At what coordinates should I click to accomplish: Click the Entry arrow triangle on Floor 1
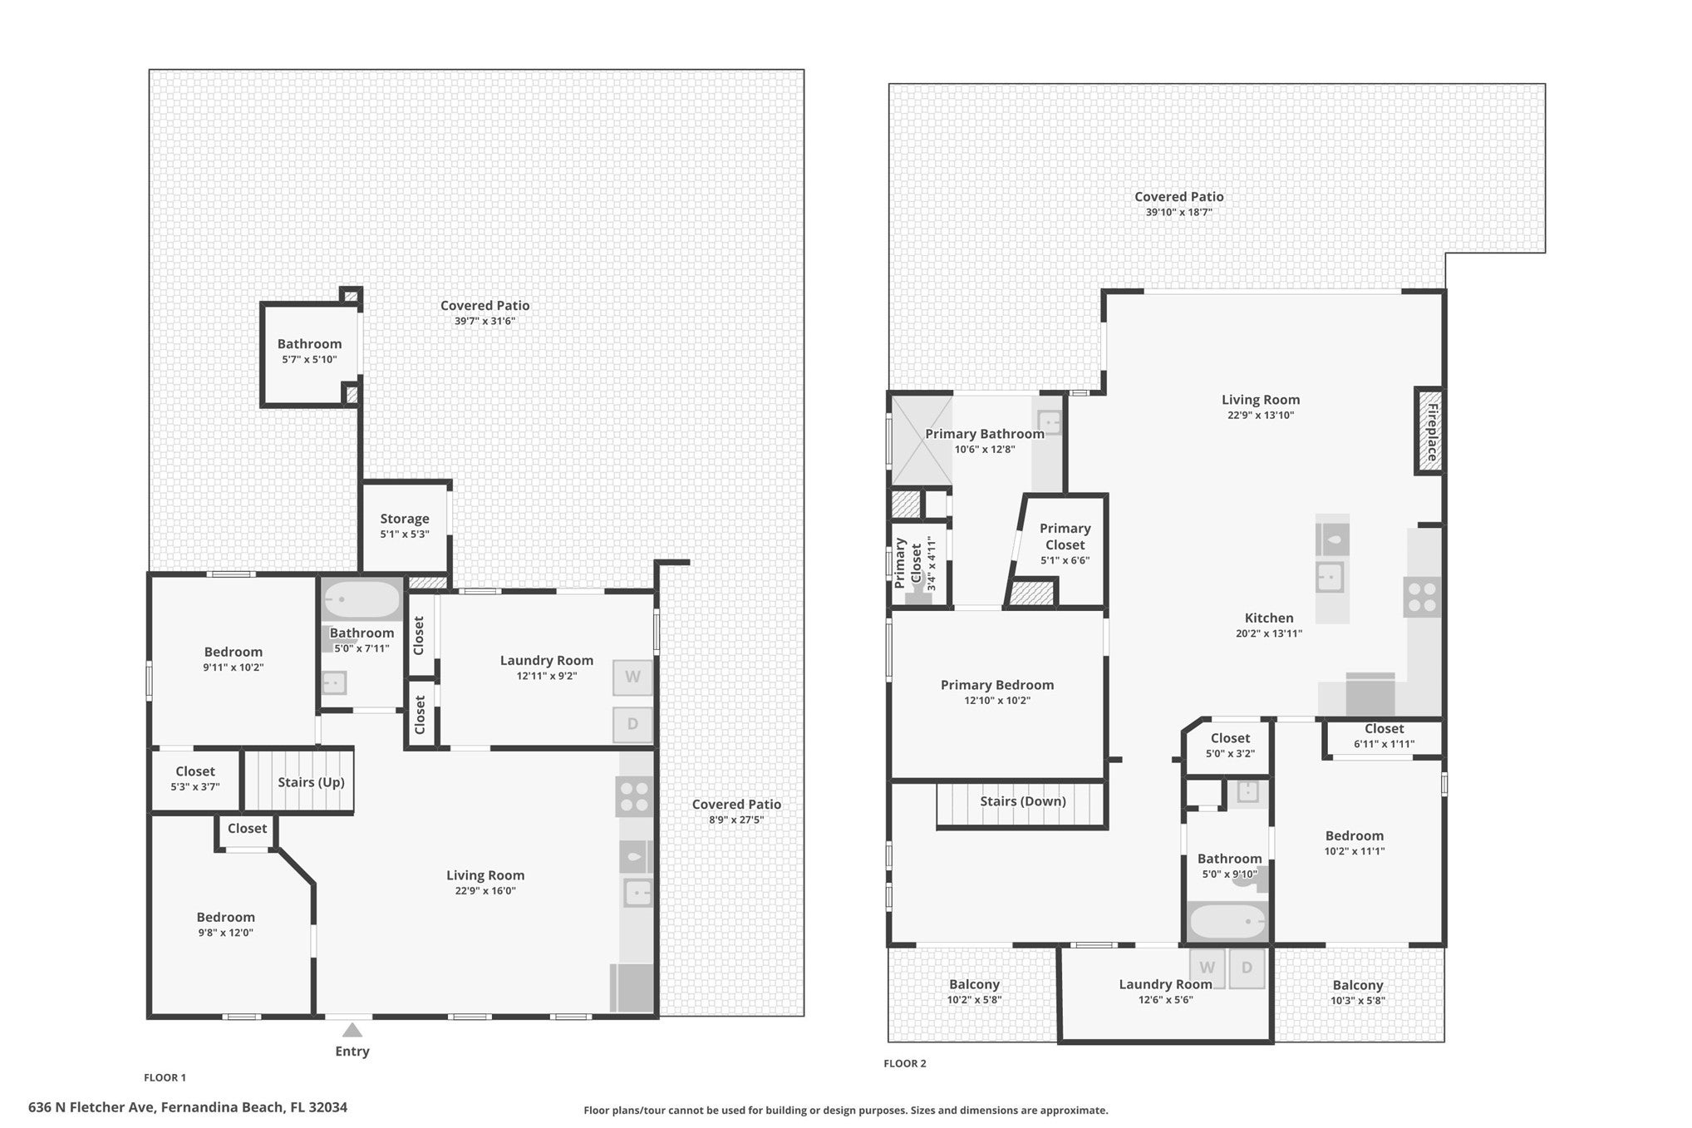click(352, 1030)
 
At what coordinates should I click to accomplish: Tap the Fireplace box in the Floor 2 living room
click(1429, 431)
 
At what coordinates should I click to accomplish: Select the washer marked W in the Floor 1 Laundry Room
click(632, 677)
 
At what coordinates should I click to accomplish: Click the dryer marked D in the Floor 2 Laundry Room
click(1247, 968)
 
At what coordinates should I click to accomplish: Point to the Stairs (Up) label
click(311, 782)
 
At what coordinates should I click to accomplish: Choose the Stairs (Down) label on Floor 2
click(1022, 801)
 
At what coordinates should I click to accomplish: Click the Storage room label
click(405, 519)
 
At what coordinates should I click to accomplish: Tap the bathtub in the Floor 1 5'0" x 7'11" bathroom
click(362, 600)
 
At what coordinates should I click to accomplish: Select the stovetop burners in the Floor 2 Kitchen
click(1422, 598)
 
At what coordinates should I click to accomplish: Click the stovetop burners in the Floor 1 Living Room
click(634, 796)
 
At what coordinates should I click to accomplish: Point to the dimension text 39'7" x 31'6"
click(484, 322)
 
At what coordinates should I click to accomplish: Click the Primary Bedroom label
click(997, 685)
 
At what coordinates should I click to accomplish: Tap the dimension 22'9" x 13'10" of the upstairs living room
click(1261, 416)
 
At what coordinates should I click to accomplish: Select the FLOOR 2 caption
click(905, 1063)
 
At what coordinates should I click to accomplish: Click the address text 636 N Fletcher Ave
click(91, 1107)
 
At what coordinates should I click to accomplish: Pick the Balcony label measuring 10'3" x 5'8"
click(1358, 986)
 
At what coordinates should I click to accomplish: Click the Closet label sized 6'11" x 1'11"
click(1384, 729)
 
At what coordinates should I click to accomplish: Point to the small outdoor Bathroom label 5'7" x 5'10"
click(309, 344)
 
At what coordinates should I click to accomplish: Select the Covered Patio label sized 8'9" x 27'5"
click(736, 805)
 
